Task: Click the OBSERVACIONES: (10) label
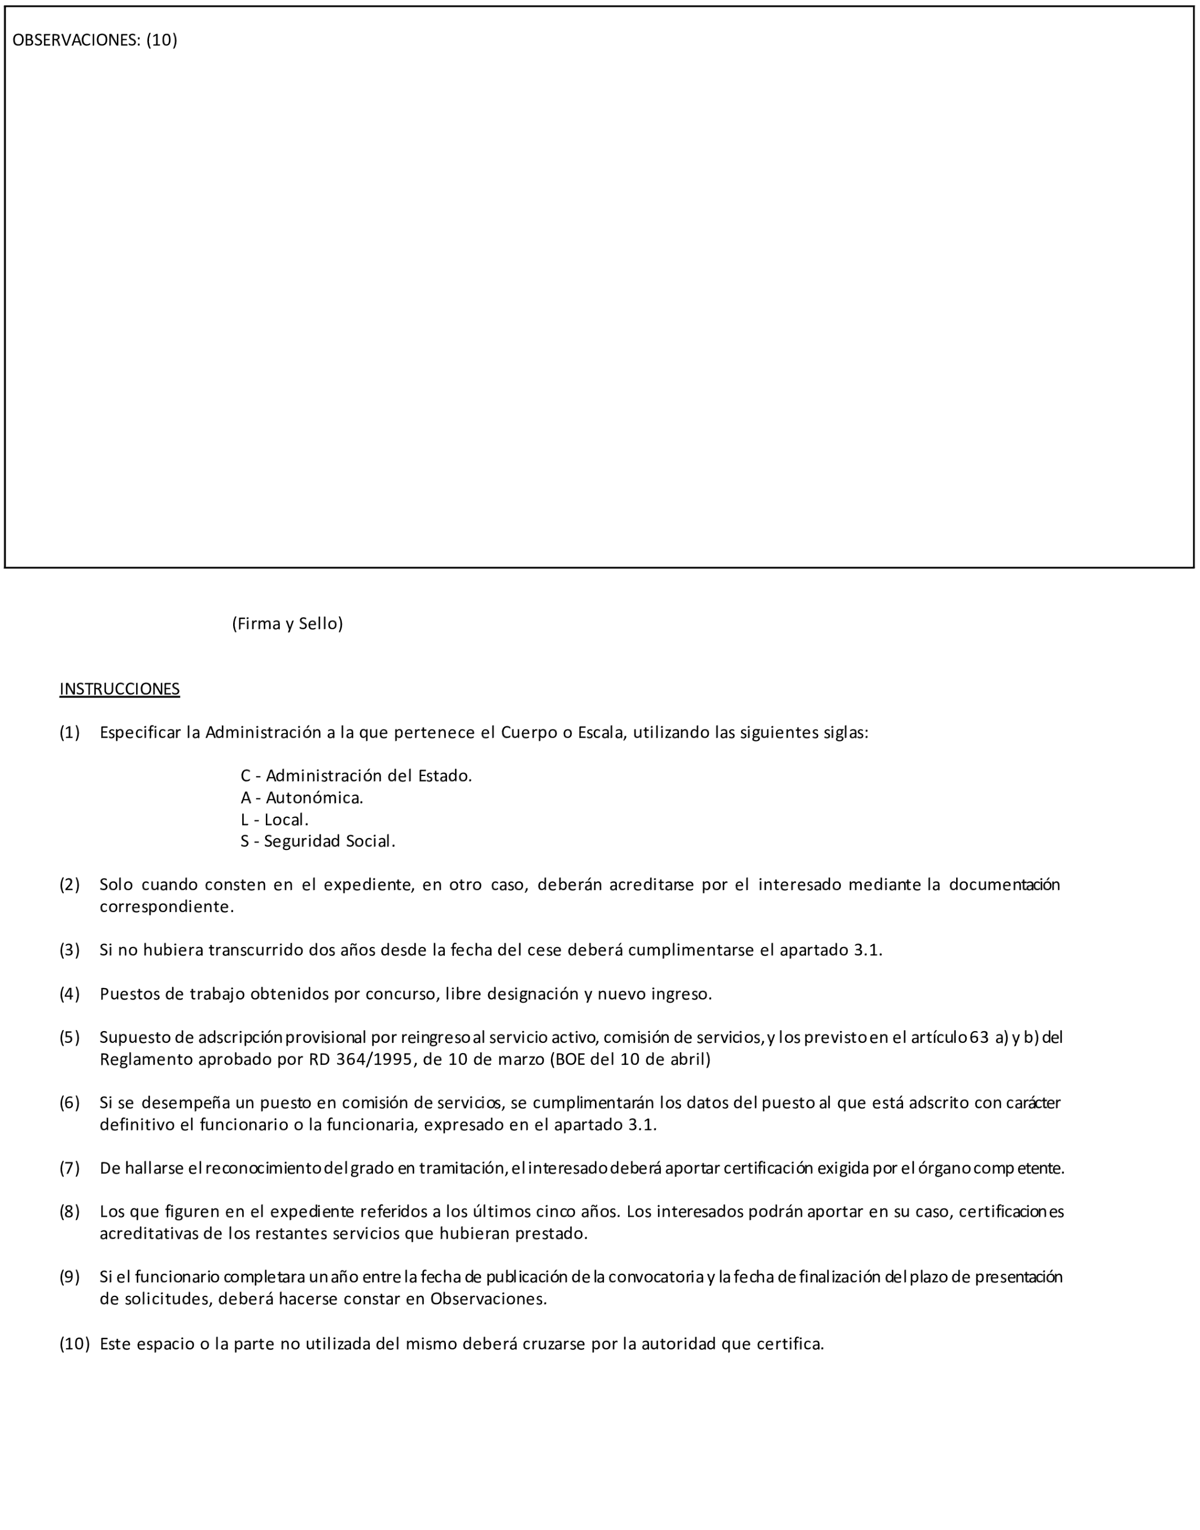95,40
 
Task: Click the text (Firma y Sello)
287,624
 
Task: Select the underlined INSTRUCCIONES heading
120,689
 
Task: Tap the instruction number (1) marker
69,733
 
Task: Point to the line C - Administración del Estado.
356,776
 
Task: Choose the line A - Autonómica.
302,798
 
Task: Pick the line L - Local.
275,820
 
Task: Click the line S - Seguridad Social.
318,841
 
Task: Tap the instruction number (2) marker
69,884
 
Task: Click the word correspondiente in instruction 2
166,907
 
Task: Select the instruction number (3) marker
69,950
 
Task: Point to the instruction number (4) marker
69,994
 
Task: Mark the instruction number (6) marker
69,1103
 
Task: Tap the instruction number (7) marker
69,1168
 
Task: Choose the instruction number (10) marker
75,1344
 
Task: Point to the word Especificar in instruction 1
141,733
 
